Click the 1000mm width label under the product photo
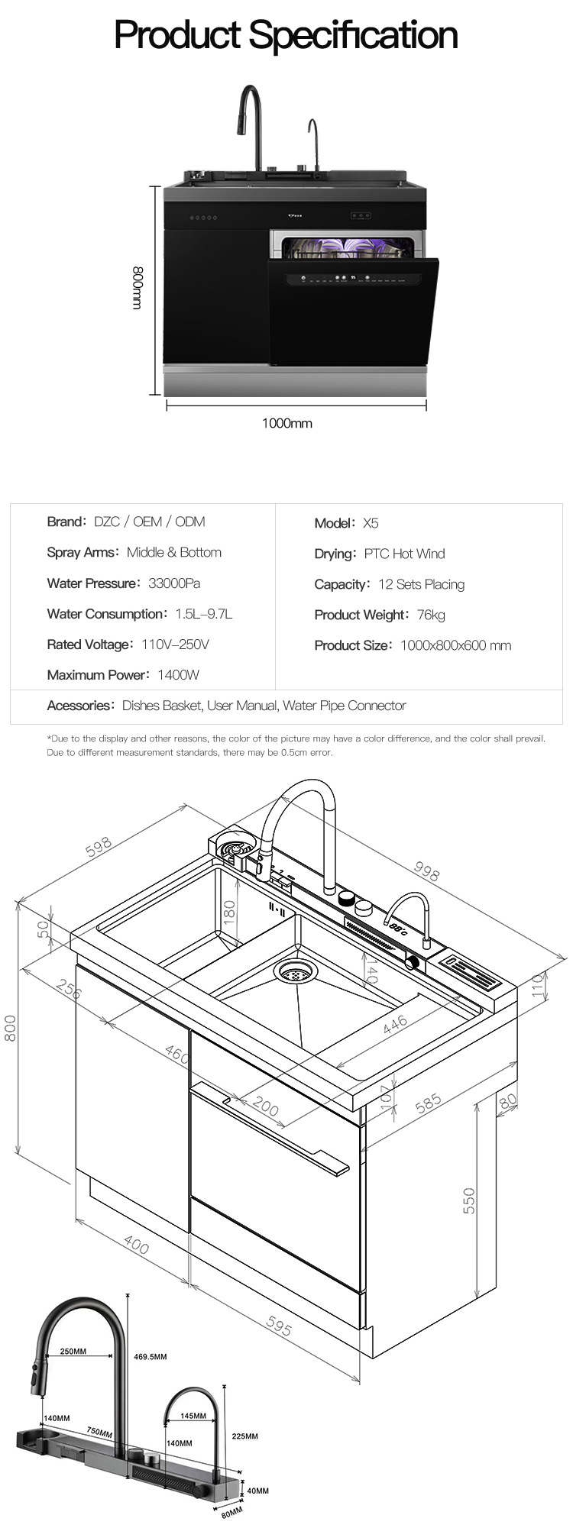pyautogui.click(x=286, y=423)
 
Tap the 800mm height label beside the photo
pyautogui.click(x=138, y=288)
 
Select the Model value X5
pyautogui.click(x=371, y=523)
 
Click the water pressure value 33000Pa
pyautogui.click(x=174, y=583)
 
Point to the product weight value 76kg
pyautogui.click(x=431, y=615)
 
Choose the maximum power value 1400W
pyautogui.click(x=178, y=675)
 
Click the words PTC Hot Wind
pyautogui.click(x=404, y=554)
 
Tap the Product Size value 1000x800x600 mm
pyautogui.click(x=455, y=645)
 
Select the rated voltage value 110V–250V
pyautogui.click(x=175, y=644)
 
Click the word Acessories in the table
pyautogui.click(x=79, y=706)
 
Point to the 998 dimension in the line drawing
pyautogui.click(x=426, y=871)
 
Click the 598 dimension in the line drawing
pyautogui.click(x=99, y=847)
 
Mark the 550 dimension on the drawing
pyautogui.click(x=469, y=1200)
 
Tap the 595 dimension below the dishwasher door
pyautogui.click(x=278, y=1327)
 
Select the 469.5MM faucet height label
pyautogui.click(x=150, y=1357)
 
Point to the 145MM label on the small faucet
pyautogui.click(x=193, y=1416)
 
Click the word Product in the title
pyautogui.click(x=177, y=36)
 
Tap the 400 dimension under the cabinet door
pyautogui.click(x=136, y=1246)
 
